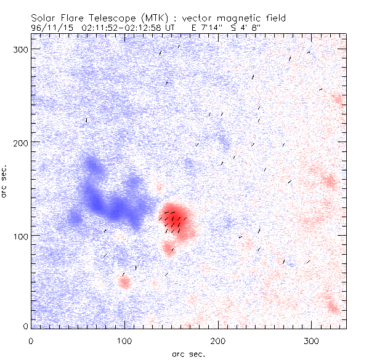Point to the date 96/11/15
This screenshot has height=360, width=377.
tap(51, 28)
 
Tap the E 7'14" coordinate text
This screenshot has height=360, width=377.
tap(209, 28)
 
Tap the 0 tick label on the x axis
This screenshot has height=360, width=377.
tap(31, 340)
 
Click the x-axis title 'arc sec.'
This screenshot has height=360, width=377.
tap(188, 354)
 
